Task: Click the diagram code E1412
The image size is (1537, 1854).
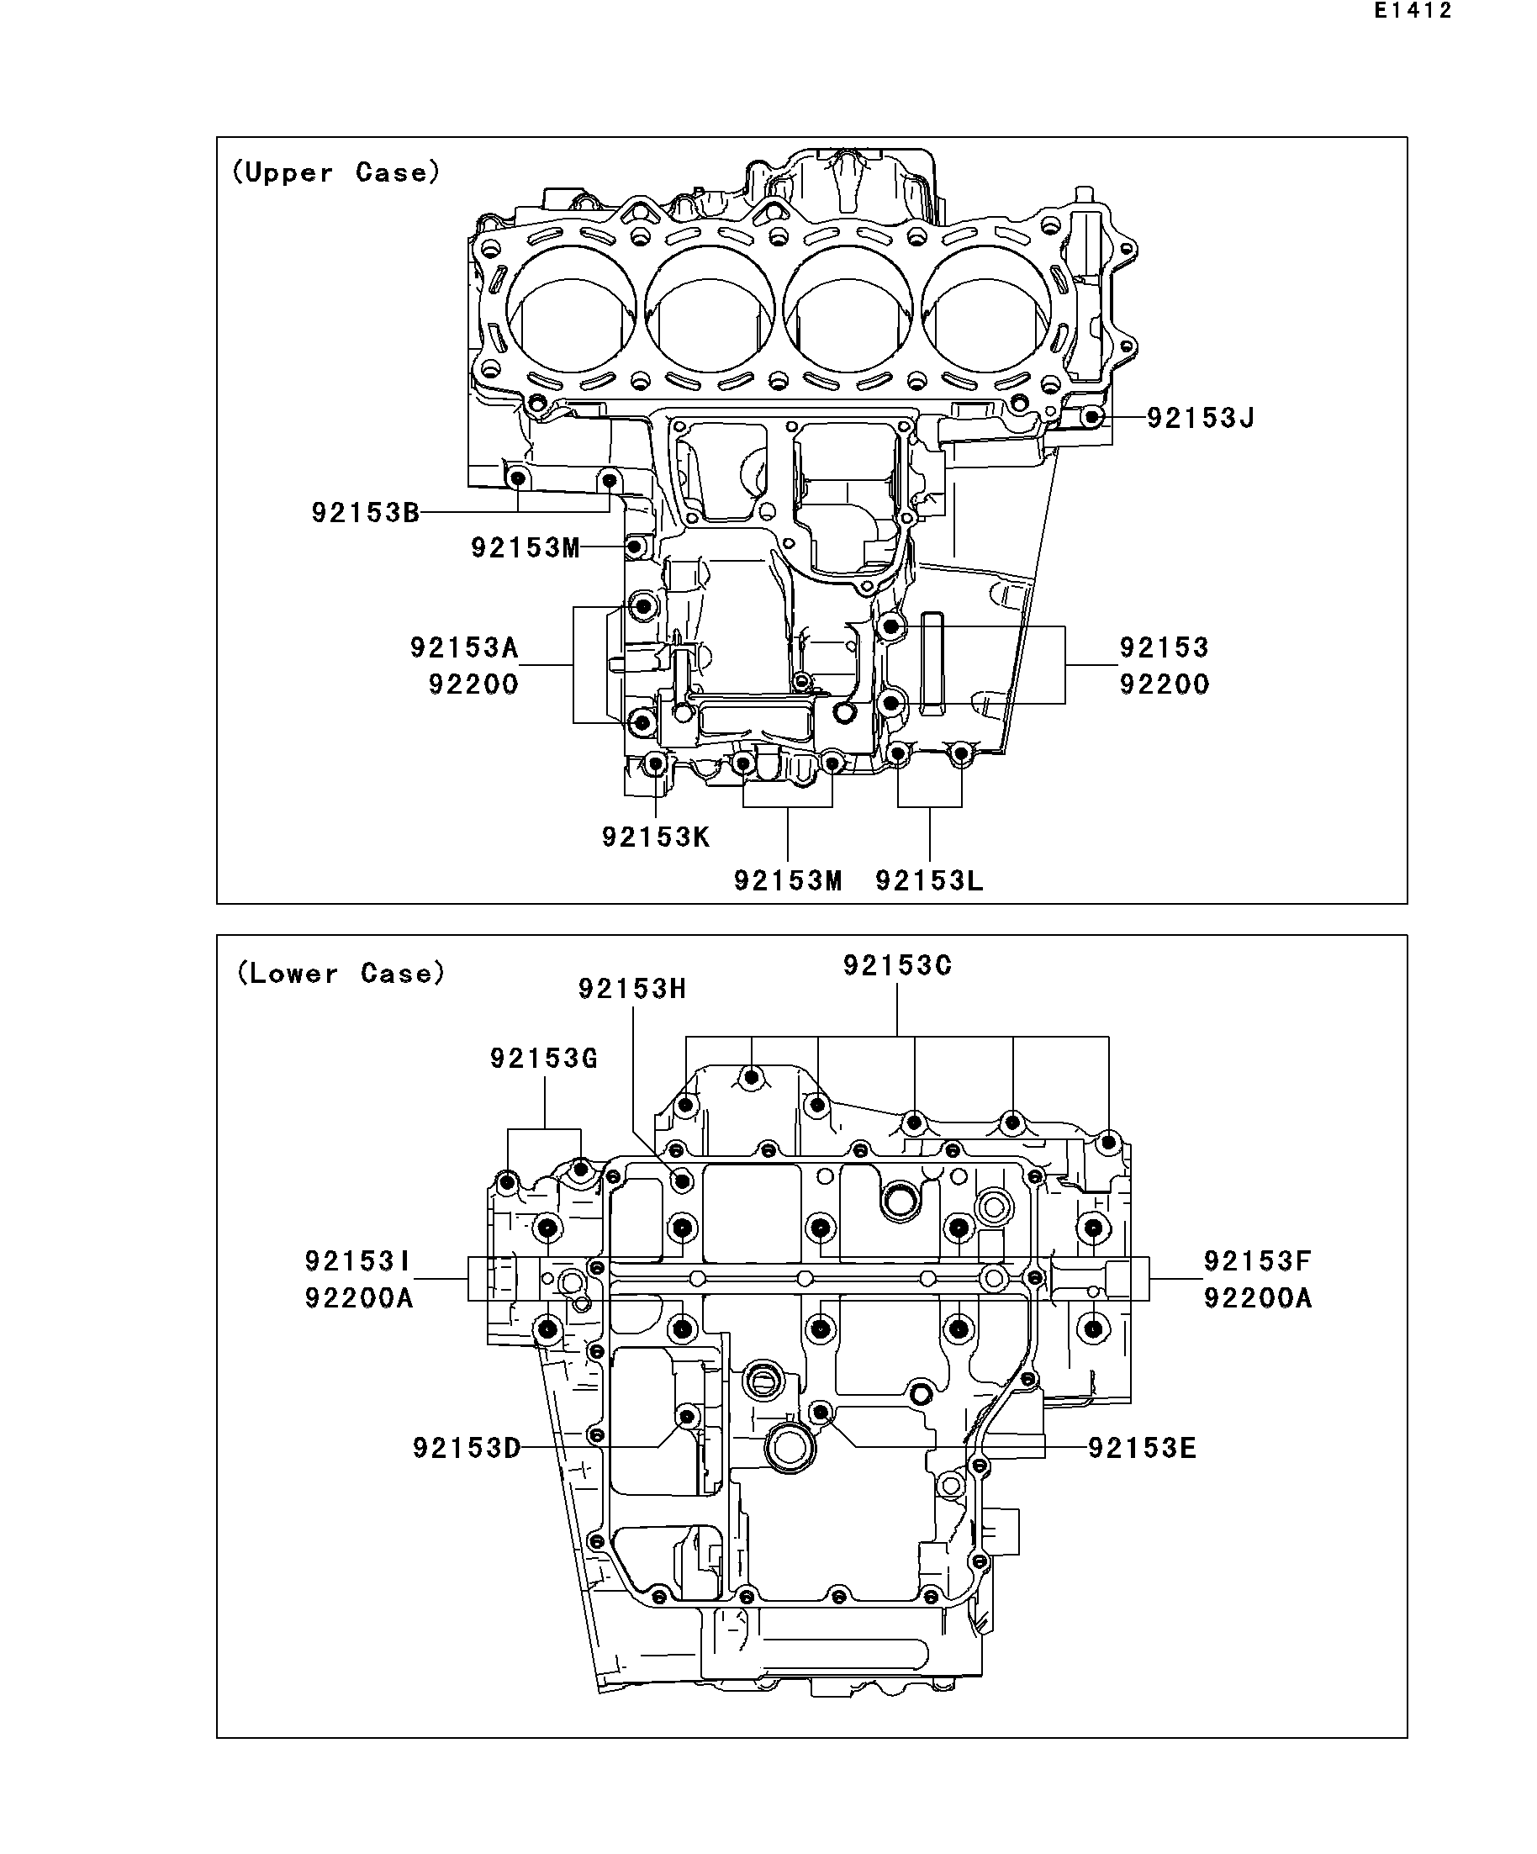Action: pyautogui.click(x=1413, y=12)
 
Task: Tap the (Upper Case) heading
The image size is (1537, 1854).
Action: pyautogui.click(x=335, y=172)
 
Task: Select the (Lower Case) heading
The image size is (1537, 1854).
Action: pyautogui.click(x=340, y=973)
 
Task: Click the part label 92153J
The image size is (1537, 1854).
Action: pyautogui.click(x=1201, y=418)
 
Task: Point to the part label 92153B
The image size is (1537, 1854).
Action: pyautogui.click(x=366, y=512)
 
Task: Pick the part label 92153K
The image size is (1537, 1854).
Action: pyautogui.click(x=656, y=837)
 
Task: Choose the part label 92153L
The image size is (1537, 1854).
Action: pyautogui.click(x=930, y=880)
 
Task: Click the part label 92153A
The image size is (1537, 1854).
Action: pyautogui.click(x=464, y=648)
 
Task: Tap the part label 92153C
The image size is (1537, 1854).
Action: pyautogui.click(x=897, y=966)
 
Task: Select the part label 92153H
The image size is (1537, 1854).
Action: pyautogui.click(x=632, y=989)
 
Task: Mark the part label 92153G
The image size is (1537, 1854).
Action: pyautogui.click(x=544, y=1058)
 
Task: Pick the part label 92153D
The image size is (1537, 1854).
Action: pyautogui.click(x=467, y=1449)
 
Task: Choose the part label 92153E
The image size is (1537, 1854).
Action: pyautogui.click(x=1143, y=1449)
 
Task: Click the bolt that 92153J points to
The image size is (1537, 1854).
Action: pyautogui.click(x=1092, y=417)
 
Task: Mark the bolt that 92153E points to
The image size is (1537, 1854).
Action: pyautogui.click(x=821, y=1413)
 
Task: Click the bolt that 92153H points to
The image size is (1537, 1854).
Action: pyautogui.click(x=683, y=1181)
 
